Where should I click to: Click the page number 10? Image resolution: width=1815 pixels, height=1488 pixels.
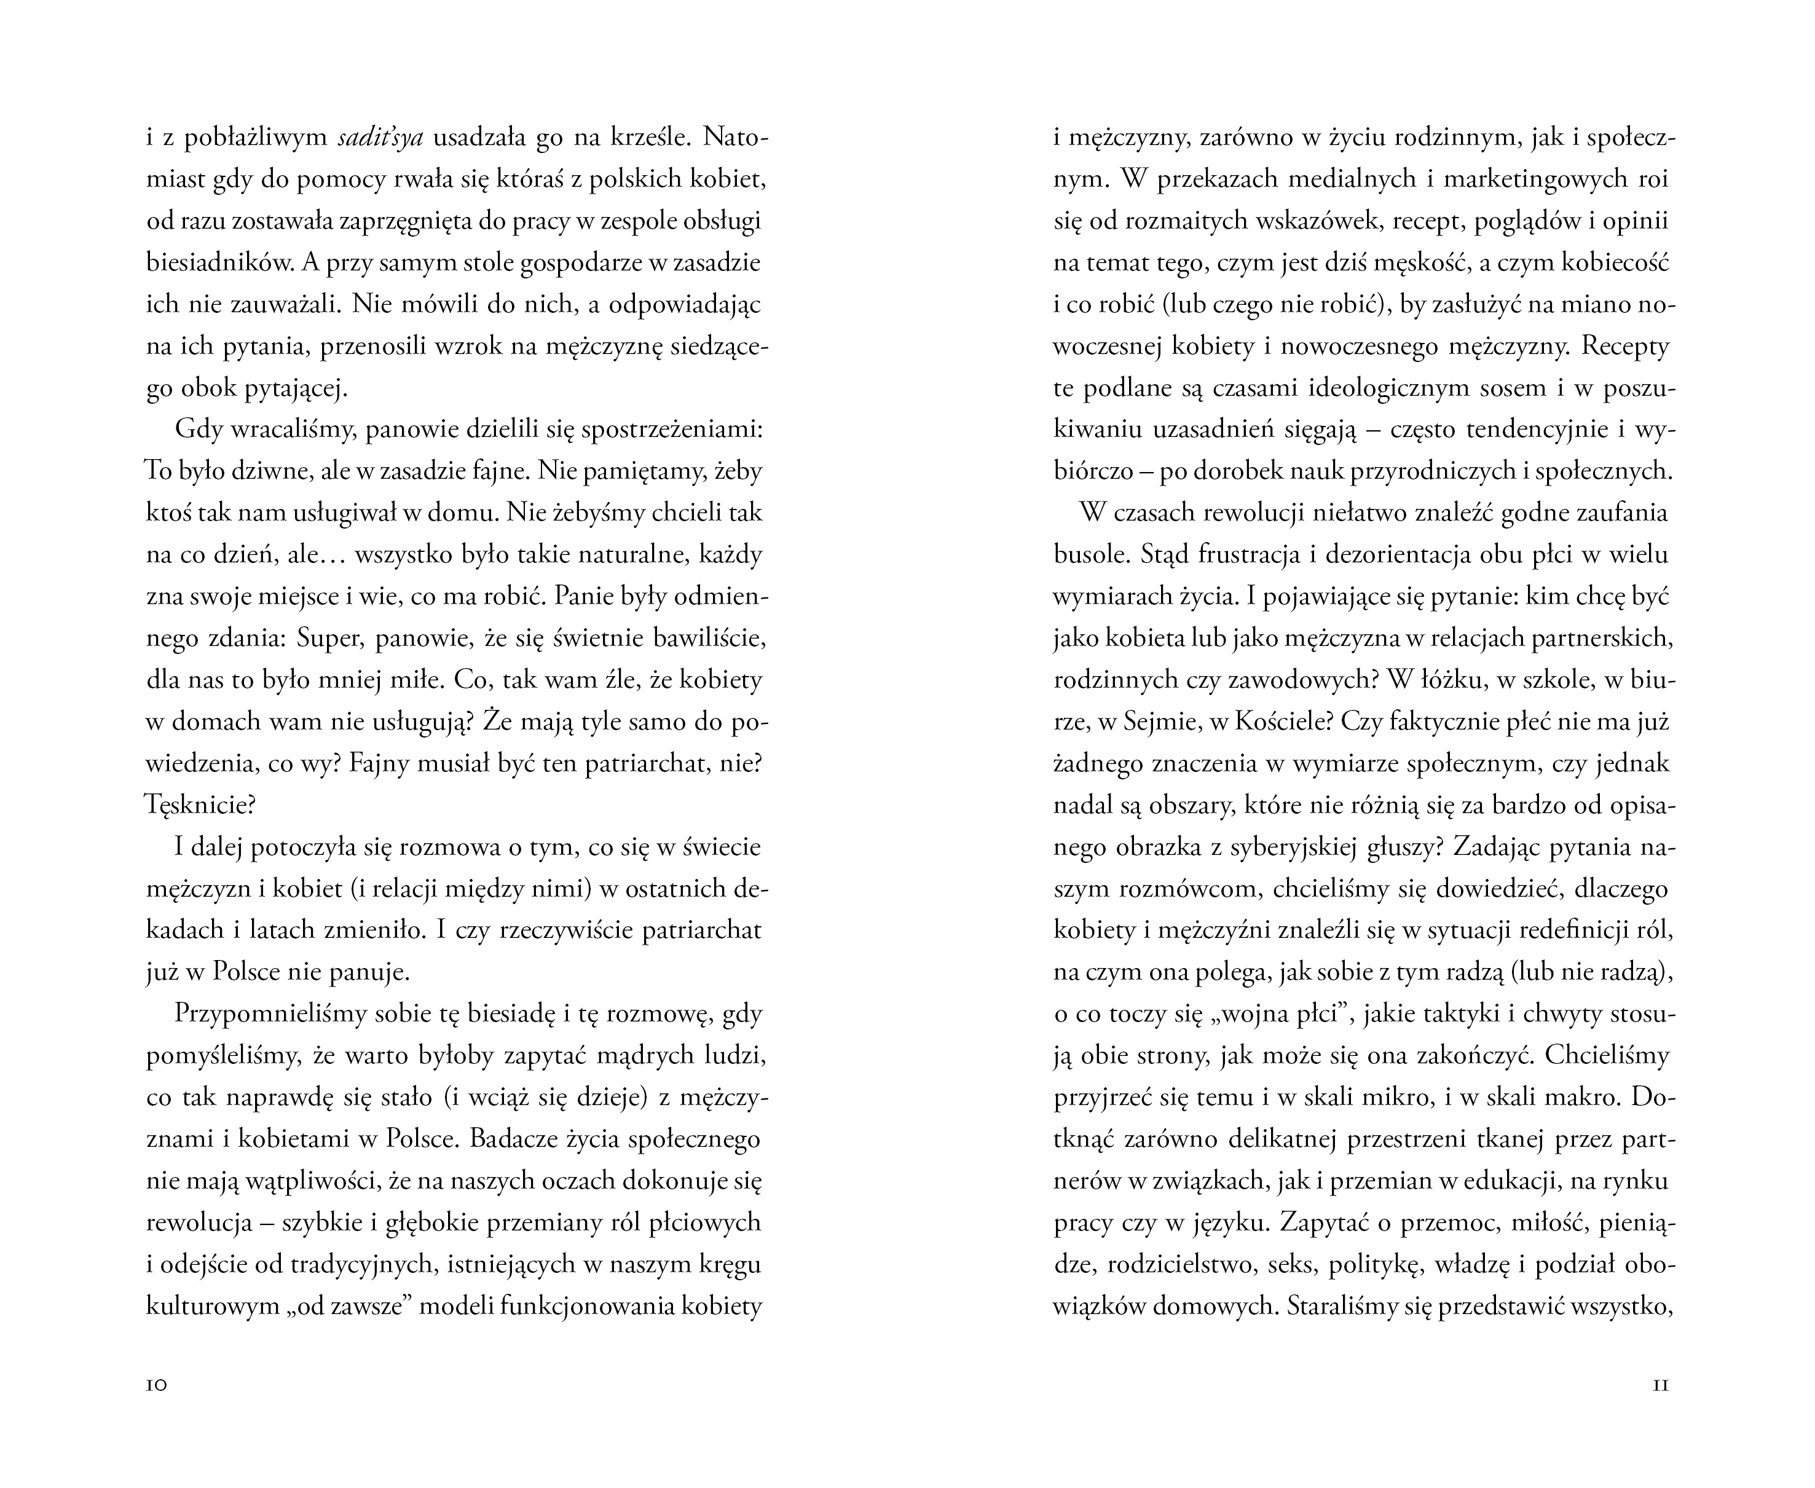click(157, 1386)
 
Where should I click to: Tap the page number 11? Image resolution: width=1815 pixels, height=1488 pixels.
click(1660, 1386)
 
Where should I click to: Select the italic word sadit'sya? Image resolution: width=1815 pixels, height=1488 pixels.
click(380, 137)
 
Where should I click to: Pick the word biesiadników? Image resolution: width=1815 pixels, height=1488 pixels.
click(215, 262)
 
